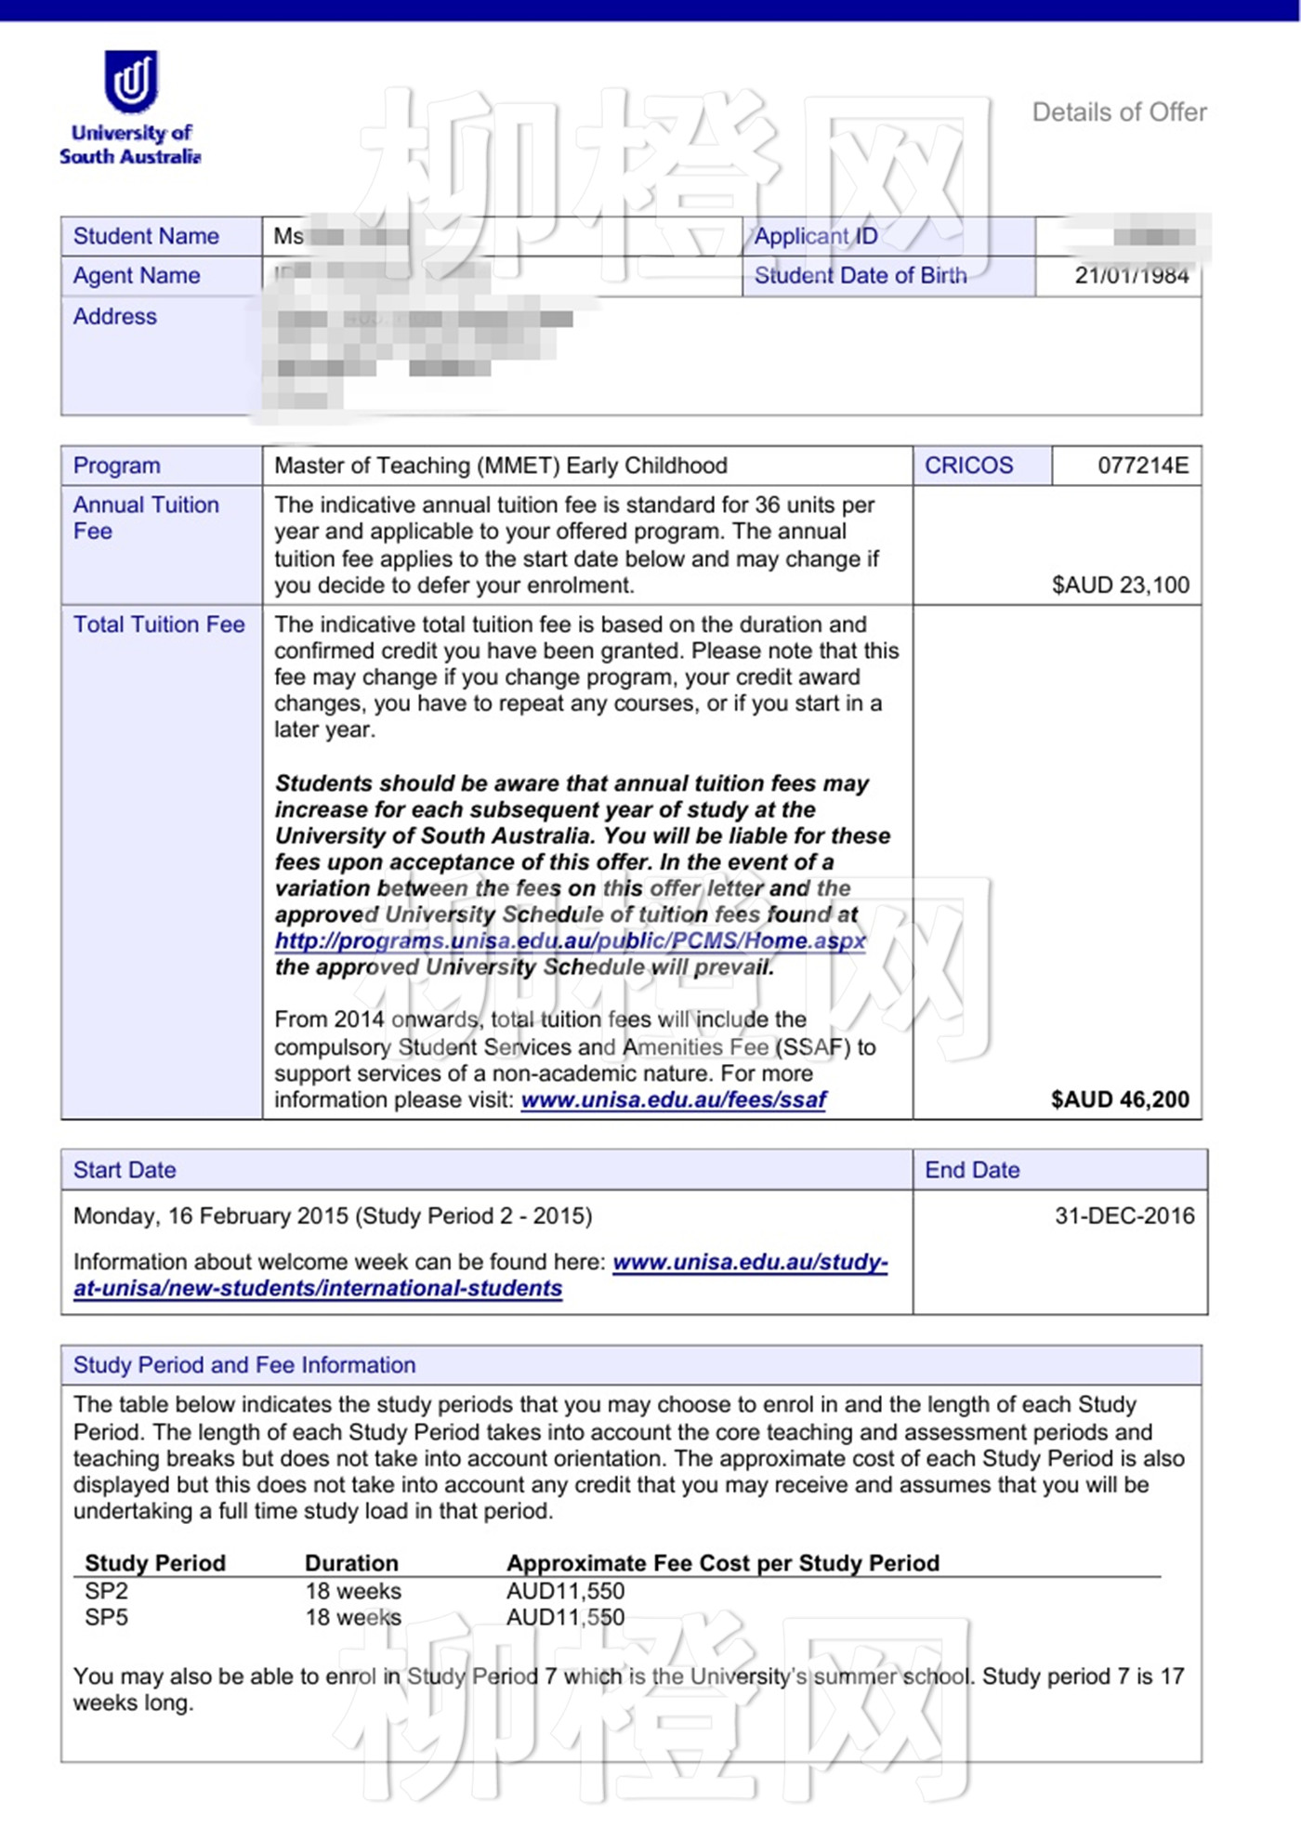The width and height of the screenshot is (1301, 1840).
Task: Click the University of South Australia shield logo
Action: [x=130, y=81]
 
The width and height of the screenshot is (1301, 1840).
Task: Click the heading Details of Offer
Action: [x=1119, y=112]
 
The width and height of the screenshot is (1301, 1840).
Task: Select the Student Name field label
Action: [x=146, y=236]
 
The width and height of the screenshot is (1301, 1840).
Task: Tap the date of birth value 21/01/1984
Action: [x=1131, y=275]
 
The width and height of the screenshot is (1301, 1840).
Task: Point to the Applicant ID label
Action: [x=815, y=236]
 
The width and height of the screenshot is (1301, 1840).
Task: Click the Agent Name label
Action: [x=137, y=276]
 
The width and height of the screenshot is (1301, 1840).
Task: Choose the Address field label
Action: [x=115, y=317]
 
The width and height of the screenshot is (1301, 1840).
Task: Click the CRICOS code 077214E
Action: [x=1142, y=466]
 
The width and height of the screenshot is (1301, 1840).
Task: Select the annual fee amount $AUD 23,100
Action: [x=1120, y=585]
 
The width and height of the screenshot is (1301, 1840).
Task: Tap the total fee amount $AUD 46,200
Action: [x=1120, y=1099]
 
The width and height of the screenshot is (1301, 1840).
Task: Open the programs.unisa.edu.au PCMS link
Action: [x=570, y=940]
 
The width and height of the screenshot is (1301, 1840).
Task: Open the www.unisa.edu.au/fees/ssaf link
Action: [x=673, y=1100]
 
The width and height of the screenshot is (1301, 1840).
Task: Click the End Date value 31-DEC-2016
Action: [x=1124, y=1216]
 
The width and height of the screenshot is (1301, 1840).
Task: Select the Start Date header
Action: [x=125, y=1170]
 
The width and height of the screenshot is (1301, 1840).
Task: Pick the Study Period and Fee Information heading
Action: [x=244, y=1365]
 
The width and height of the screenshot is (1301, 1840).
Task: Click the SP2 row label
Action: [x=106, y=1591]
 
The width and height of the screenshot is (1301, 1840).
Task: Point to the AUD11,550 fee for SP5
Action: [x=565, y=1618]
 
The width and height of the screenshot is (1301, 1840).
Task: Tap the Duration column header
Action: [x=351, y=1563]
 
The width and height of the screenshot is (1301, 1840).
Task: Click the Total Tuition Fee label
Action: [x=159, y=624]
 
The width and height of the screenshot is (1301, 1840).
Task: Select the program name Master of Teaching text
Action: [x=500, y=466]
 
